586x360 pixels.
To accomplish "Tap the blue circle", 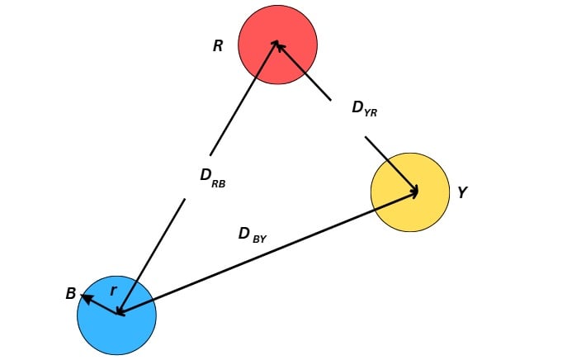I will [x=124, y=330].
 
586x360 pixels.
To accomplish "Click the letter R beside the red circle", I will [x=218, y=46].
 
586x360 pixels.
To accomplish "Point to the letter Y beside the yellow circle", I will [x=462, y=192].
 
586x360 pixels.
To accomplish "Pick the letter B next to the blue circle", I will [x=71, y=294].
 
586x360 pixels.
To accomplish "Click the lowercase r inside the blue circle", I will [x=113, y=291].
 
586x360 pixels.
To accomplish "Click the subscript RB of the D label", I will [x=219, y=183].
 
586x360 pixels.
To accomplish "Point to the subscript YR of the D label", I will [x=371, y=113].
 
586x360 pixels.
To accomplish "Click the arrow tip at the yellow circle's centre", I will [x=417, y=192].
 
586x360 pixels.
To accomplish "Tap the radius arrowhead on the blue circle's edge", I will [x=83, y=296].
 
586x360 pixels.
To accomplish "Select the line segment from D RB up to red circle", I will [x=244, y=98].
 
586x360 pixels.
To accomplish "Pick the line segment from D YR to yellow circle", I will [x=390, y=163].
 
